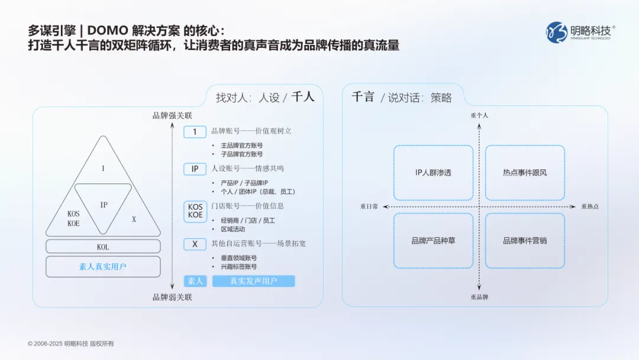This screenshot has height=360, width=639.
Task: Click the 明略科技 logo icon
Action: [556, 32]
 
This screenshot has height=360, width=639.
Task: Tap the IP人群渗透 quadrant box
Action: [433, 173]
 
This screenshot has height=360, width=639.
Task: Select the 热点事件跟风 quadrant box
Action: [525, 173]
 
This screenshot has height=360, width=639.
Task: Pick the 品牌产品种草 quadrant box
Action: [433, 241]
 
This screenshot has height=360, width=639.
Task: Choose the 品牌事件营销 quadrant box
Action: [525, 241]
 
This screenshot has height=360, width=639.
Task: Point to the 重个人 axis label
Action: [479, 115]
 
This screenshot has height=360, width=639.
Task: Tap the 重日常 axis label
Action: [369, 207]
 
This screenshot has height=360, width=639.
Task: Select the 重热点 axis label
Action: [589, 207]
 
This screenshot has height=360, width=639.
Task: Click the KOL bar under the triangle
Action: [103, 246]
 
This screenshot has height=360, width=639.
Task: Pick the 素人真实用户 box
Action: [103, 266]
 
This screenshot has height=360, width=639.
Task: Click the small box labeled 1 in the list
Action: [195, 132]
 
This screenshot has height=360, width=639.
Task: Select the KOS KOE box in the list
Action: [195, 211]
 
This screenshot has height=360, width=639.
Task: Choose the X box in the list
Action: [195, 244]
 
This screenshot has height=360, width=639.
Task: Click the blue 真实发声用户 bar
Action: [253, 281]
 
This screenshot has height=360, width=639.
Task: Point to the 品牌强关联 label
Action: [172, 115]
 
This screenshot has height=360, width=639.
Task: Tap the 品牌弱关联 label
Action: [172, 297]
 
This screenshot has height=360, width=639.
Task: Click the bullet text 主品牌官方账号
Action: [241, 145]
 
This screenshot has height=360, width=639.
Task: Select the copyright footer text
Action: [70, 343]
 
